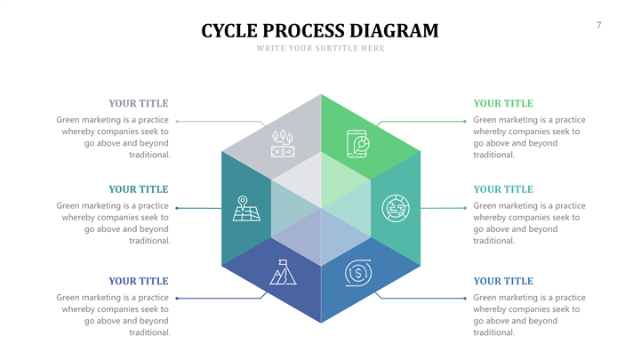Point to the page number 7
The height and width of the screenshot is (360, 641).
point(598,25)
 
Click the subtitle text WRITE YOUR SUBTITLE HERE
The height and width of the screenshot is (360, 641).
point(320,48)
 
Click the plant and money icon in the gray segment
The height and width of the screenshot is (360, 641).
point(283,143)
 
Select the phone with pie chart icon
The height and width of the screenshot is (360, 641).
point(358,143)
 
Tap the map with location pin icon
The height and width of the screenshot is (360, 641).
point(244,208)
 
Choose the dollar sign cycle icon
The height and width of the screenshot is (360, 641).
point(357,273)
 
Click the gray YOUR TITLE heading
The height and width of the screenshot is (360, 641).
point(138,104)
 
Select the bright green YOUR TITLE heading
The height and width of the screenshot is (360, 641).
point(503,104)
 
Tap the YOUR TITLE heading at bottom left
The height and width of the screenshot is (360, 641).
point(138,281)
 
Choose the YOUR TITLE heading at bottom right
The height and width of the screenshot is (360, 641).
point(503,281)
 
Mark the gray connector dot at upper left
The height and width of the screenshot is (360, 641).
point(178,121)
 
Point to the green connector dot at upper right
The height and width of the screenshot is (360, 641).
point(464,121)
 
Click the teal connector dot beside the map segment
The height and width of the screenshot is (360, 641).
point(178,208)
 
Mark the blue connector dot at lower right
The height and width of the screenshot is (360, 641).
point(464,298)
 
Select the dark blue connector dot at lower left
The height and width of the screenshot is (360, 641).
point(178,298)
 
